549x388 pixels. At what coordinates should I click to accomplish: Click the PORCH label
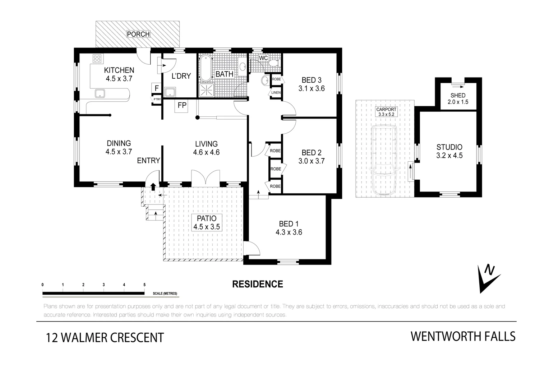(x=138, y=34)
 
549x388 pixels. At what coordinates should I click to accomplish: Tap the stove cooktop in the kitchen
(x=97, y=59)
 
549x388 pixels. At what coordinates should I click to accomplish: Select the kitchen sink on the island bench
(x=100, y=94)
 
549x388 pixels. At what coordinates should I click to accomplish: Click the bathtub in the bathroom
(x=206, y=68)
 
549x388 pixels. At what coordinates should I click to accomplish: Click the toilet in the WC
(x=274, y=63)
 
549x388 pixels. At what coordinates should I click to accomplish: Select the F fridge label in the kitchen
(x=156, y=88)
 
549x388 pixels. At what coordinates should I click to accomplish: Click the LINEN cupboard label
(x=276, y=93)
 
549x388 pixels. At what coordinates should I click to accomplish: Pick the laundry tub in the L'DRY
(x=170, y=92)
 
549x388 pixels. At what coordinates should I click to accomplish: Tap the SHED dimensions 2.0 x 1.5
(x=458, y=102)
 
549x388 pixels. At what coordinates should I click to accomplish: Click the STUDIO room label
(x=449, y=147)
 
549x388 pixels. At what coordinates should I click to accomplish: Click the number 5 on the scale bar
(x=144, y=285)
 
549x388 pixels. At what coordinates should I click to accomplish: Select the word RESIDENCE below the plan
(x=258, y=284)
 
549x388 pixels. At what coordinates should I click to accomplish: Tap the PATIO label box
(x=207, y=222)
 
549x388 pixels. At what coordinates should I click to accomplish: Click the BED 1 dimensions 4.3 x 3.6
(x=289, y=232)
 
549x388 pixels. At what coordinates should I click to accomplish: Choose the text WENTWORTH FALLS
(x=463, y=337)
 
